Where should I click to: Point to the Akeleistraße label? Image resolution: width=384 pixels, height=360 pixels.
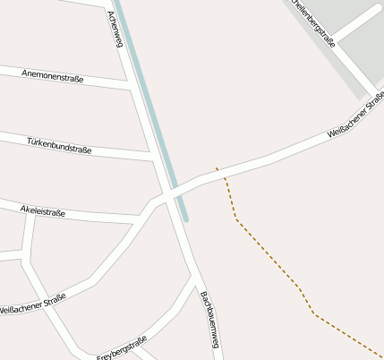[x=42, y=210]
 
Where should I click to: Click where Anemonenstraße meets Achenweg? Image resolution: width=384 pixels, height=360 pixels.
[x=132, y=87]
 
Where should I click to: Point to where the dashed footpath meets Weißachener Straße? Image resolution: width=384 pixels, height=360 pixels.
[x=217, y=170]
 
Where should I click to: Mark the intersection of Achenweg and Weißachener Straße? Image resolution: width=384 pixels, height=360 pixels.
[x=167, y=194]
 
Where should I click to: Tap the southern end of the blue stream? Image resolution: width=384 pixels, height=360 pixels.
[x=185, y=218]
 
